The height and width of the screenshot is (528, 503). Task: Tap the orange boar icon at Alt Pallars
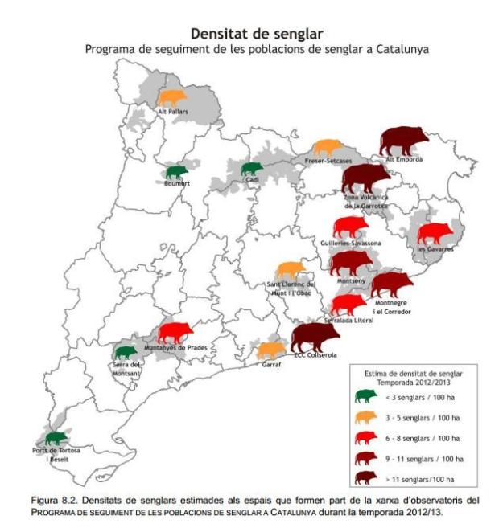(172, 98)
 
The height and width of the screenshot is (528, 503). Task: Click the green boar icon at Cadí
(252, 168)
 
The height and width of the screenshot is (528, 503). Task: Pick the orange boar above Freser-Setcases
(328, 148)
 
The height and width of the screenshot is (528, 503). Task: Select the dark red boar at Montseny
(352, 263)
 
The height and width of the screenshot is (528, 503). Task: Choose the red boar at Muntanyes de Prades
(175, 331)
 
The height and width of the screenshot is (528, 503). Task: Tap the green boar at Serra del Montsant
(125, 351)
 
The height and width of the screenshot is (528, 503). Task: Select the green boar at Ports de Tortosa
(56, 438)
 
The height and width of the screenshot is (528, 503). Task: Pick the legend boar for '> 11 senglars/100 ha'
(366, 477)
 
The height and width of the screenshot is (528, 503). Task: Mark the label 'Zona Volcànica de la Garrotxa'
(365, 200)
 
